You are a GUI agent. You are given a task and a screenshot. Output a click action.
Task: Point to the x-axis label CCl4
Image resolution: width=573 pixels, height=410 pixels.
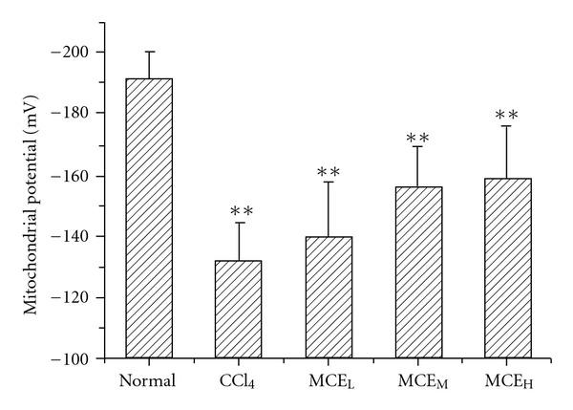pos(243,382)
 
